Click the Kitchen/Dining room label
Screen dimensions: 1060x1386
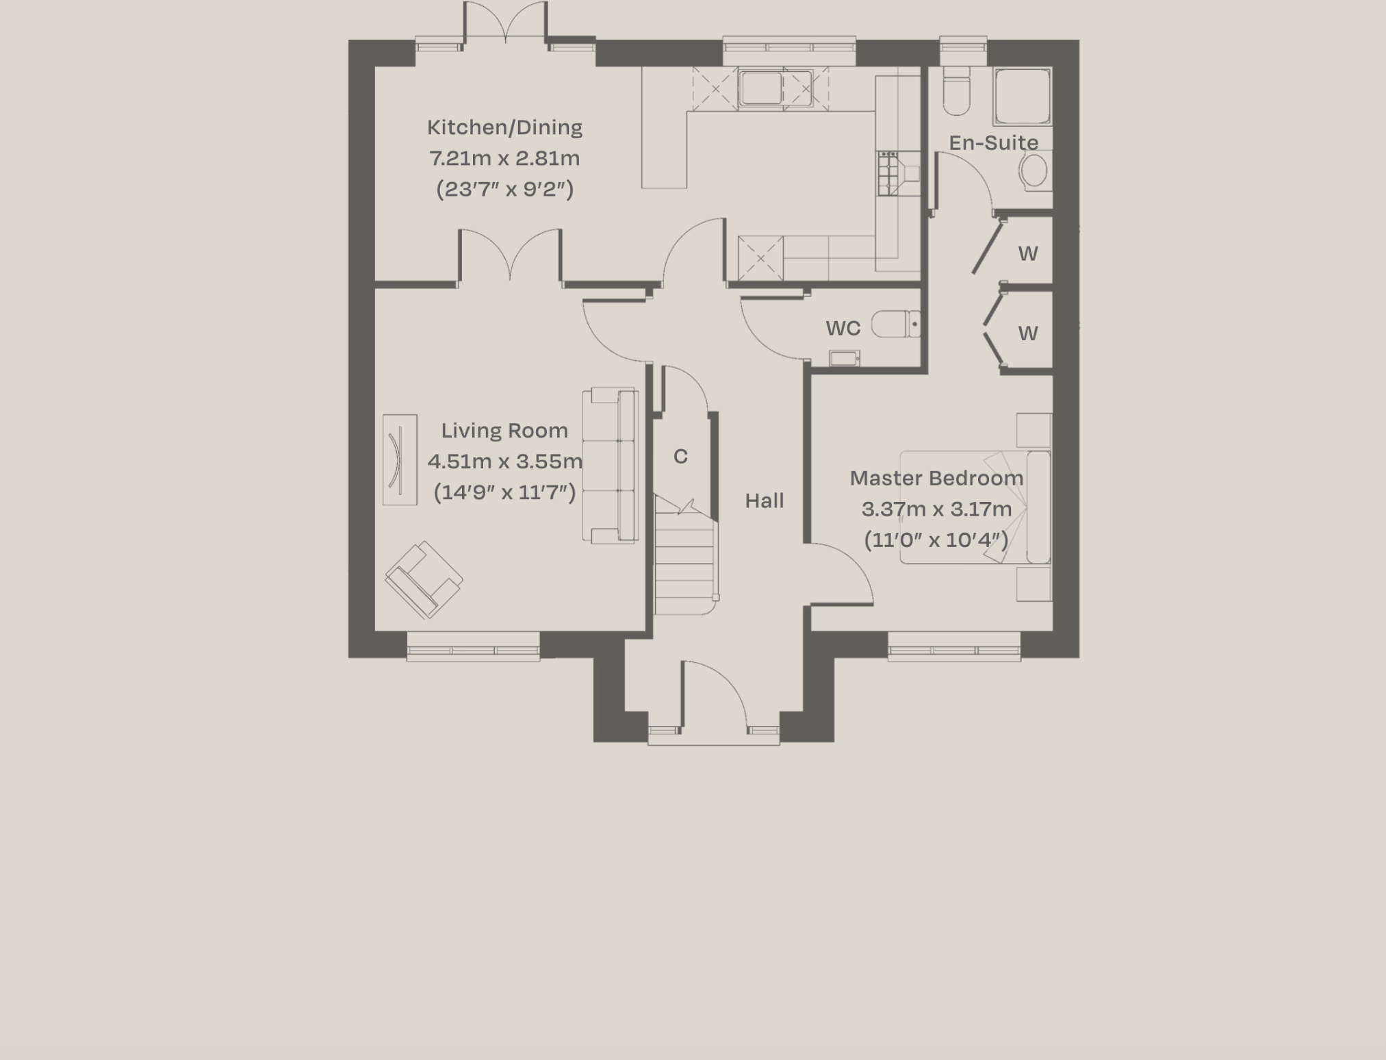pos(504,127)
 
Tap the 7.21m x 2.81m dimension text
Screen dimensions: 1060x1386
pos(504,158)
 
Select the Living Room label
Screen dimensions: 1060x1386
pos(504,431)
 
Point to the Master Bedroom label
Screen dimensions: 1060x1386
pos(936,478)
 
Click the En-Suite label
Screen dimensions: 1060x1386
pos(993,142)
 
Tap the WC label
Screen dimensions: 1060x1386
pos(843,329)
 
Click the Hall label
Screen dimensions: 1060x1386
pos(764,501)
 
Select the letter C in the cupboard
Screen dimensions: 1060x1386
pos(680,457)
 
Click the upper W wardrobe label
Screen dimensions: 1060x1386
pos(1027,254)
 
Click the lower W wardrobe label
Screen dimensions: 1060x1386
pos(1027,333)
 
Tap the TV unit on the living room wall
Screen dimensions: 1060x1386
pos(400,459)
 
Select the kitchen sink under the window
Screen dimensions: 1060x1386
pos(761,89)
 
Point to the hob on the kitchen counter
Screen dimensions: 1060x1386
pos(888,173)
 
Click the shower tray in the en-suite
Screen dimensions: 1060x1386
pos(1022,97)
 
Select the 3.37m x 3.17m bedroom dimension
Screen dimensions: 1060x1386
pos(936,509)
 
